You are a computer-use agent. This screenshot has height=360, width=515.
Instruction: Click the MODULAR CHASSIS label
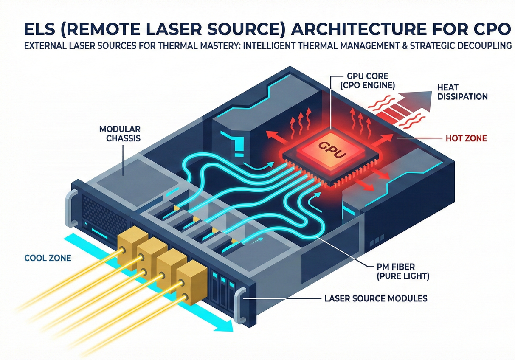pyautogui.click(x=121, y=133)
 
